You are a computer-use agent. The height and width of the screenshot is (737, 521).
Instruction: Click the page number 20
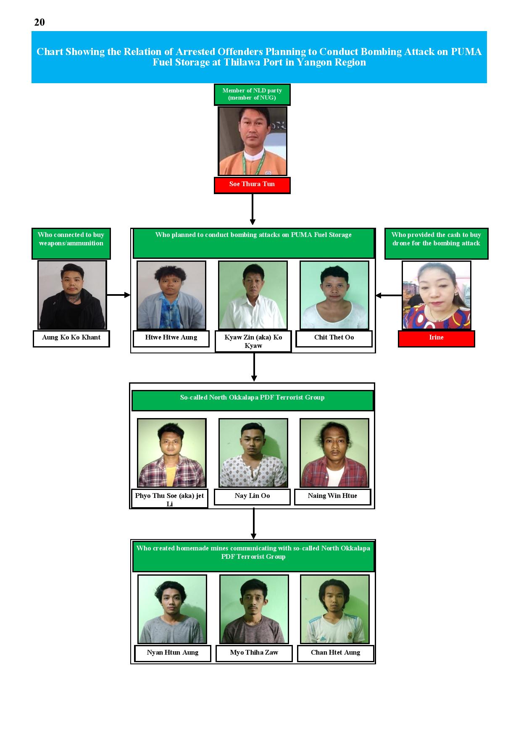point(39,22)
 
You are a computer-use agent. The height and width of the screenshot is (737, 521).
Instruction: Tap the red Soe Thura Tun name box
point(252,185)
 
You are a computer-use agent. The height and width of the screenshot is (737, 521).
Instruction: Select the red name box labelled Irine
point(436,339)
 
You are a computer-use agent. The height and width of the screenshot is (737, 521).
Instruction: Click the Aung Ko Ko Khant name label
point(71,339)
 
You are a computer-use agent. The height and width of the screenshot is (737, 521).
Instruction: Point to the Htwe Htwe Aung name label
point(171,339)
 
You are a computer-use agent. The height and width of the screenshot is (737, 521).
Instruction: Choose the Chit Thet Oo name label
point(334,339)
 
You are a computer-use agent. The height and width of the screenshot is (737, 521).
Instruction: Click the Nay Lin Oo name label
point(252,497)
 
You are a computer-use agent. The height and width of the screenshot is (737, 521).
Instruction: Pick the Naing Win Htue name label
point(332,497)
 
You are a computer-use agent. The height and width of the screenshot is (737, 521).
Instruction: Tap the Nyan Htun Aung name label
point(173,653)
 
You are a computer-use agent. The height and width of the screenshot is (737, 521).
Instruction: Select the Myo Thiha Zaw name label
point(254,653)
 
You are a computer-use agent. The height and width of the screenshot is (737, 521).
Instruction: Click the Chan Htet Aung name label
point(335,653)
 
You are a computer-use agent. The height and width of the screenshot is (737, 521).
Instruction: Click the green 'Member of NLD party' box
point(252,95)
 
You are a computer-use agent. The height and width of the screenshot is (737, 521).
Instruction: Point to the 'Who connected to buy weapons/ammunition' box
point(71,244)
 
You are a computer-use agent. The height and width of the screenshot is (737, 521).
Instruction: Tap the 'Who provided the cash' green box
point(436,244)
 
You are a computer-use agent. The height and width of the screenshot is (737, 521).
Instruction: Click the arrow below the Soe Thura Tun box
point(253,209)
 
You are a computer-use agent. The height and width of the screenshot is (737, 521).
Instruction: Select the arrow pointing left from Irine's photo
point(389,295)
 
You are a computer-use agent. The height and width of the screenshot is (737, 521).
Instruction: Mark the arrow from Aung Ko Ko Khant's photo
point(119,295)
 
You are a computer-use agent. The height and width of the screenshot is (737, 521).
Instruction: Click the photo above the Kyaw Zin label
point(253,295)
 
